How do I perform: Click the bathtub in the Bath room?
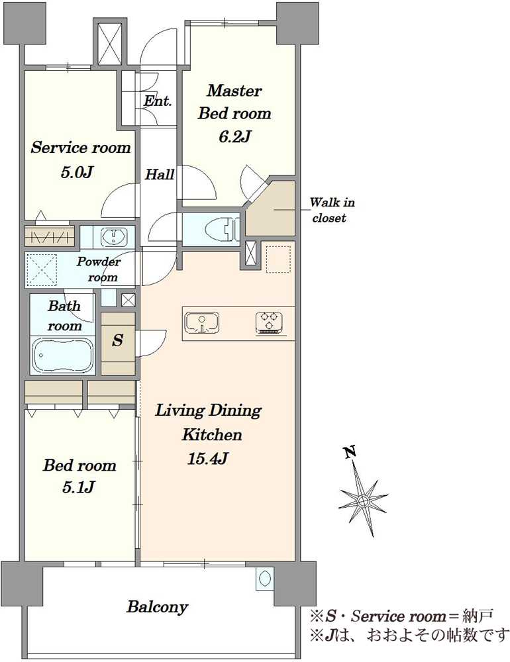coord(64,355)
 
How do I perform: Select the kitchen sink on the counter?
coord(202,323)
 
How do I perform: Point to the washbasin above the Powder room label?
coord(114,236)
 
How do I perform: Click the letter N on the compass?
coord(350,452)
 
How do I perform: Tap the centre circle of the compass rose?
coord(362,501)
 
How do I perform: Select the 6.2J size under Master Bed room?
coord(235,136)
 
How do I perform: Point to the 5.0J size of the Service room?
coord(76,172)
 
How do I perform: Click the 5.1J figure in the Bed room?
coord(78,487)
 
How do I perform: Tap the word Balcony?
coord(157,607)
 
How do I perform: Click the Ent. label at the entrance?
coord(158,101)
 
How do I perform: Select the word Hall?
coord(160,174)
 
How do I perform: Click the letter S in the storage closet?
coord(117,340)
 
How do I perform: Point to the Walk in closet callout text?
coord(332,210)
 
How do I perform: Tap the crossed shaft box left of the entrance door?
coord(109,42)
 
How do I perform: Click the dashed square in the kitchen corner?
coord(278,260)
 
